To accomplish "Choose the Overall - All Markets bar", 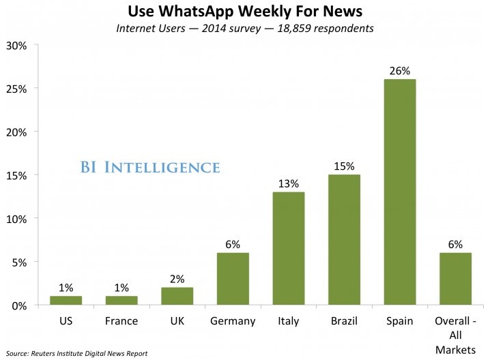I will (x=455, y=279).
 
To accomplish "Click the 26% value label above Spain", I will (x=399, y=70).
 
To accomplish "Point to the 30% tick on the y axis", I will (x=16, y=46).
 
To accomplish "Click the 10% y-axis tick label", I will (x=16, y=219).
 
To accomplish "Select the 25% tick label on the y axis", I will (x=16, y=89).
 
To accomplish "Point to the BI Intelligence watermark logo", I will (x=149, y=167).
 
